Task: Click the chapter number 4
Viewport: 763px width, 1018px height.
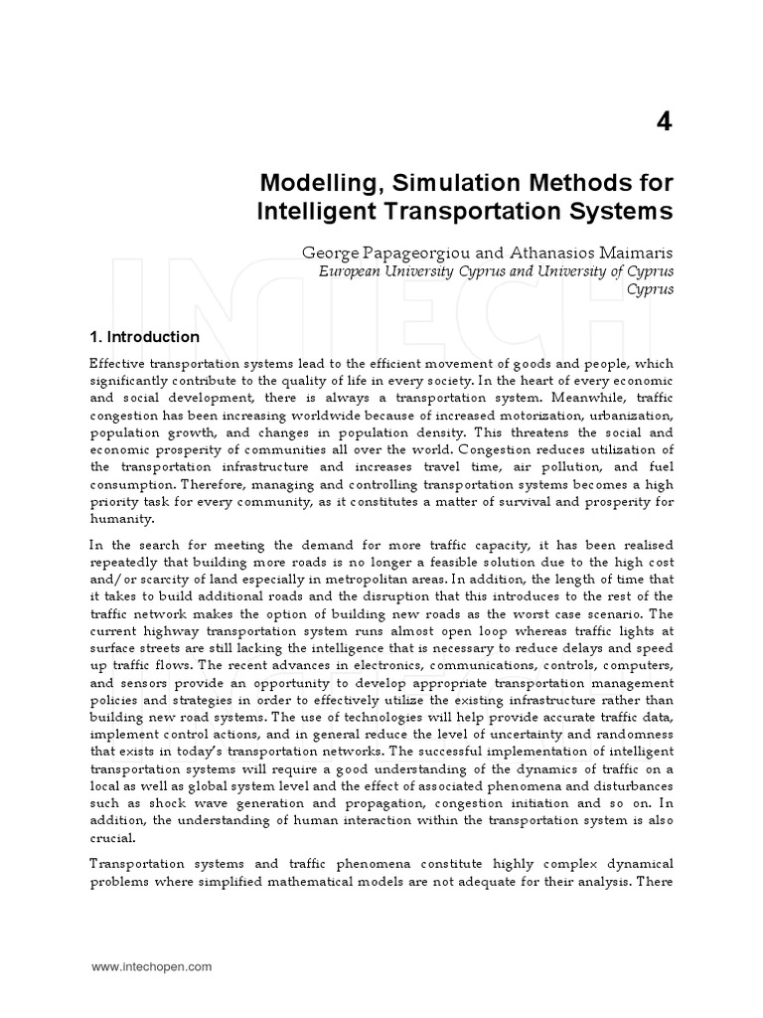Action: tap(664, 122)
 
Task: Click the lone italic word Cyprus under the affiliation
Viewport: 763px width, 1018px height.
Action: tap(651, 289)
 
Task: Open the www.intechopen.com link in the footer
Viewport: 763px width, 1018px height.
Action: tap(151, 965)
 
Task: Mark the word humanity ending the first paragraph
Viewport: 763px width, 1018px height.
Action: tap(121, 518)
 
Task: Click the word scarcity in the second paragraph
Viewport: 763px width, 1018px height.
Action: tap(170, 579)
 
